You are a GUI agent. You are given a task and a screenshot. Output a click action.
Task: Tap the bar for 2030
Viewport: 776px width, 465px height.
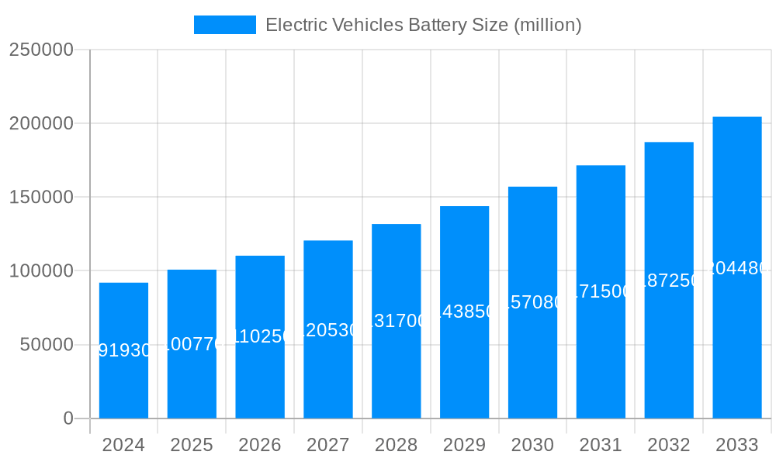532,302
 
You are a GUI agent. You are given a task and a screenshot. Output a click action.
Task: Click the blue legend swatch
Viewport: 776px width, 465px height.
224,25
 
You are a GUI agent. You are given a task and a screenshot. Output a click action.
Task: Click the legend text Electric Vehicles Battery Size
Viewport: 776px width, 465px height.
423,25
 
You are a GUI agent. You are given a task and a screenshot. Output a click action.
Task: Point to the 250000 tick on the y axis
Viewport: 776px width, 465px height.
40,50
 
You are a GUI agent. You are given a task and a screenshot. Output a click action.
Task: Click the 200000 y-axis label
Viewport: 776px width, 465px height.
40,123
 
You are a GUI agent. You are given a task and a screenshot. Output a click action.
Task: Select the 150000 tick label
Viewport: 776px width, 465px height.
40,197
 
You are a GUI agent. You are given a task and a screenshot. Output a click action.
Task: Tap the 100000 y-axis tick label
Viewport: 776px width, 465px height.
40,271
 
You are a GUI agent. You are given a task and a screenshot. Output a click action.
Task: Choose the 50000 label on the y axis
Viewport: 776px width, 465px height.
46,345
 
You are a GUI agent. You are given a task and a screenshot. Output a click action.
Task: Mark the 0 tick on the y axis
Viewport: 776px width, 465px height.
68,418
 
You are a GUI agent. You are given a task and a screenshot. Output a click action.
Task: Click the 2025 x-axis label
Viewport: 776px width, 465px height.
192,445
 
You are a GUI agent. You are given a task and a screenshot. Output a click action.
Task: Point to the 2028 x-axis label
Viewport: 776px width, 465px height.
396,445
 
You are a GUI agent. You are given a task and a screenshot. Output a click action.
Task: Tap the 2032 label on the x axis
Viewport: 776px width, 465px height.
669,445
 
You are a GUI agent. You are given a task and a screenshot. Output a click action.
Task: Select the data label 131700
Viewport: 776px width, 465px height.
397,321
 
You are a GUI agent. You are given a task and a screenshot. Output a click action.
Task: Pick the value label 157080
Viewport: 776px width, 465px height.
533,302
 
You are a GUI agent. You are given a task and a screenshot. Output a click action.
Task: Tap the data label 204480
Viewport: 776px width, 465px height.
737,268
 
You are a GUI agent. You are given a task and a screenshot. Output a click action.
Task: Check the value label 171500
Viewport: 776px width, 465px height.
601,291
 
